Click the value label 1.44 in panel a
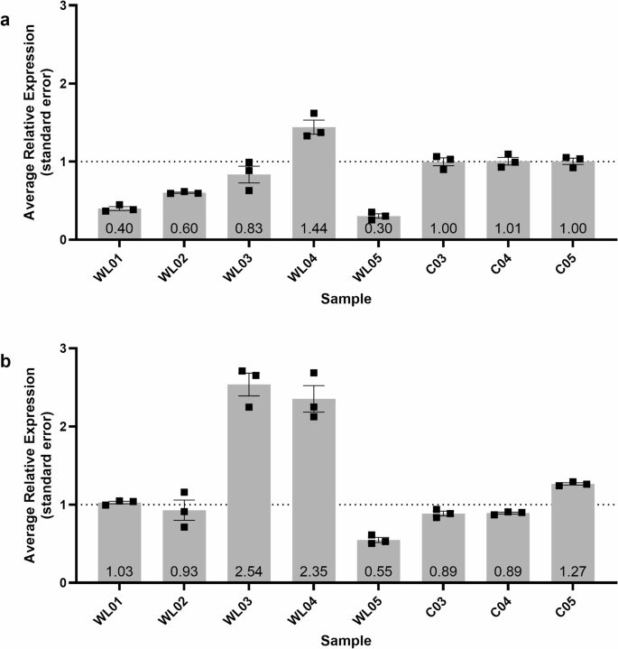tap(313, 228)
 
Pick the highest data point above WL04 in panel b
tap(314, 374)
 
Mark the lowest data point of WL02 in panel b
tap(184, 526)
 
